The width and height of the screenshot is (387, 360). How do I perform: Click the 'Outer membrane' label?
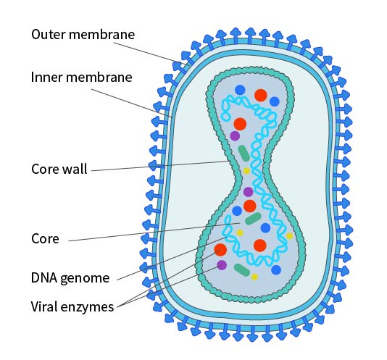click(83, 34)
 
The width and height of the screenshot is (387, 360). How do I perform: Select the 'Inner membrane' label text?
click(81, 76)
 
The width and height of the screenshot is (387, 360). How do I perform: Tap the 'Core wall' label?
click(59, 169)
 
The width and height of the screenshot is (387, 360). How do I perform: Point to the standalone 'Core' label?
click(45, 238)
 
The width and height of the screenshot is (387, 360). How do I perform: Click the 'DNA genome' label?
click(70, 277)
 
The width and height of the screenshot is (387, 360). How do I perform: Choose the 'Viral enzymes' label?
click(72, 306)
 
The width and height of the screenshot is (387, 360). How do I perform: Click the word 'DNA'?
click(44, 277)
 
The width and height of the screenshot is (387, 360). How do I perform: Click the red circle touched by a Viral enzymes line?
click(220, 250)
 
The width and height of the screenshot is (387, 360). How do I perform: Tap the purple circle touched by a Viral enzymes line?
click(222, 265)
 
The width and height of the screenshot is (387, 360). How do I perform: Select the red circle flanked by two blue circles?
click(261, 94)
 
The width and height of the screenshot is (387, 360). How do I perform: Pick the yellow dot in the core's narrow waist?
click(246, 171)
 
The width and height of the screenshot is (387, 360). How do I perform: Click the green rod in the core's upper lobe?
click(244, 152)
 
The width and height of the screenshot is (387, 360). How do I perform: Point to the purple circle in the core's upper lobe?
click(235, 135)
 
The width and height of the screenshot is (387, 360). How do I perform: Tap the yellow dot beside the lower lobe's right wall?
click(289, 236)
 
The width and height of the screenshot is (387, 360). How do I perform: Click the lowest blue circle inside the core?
click(276, 269)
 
